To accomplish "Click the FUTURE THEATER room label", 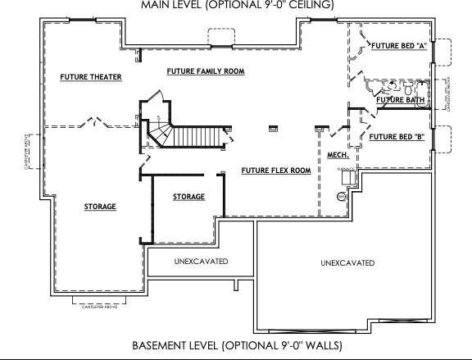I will (x=90, y=77).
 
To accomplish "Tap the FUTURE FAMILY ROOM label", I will (x=206, y=71).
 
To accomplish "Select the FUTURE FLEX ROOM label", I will (x=275, y=171).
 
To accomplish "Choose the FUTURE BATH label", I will (x=400, y=100).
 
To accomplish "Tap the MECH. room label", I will (x=338, y=155).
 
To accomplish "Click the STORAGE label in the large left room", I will (x=100, y=207).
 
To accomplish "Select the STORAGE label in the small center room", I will (x=188, y=197).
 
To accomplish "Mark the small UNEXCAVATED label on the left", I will (x=200, y=262).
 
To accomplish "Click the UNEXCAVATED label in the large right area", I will (x=347, y=263).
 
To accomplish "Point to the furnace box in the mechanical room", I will (x=347, y=177).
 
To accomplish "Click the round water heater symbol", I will (x=342, y=197).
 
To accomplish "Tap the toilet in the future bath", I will (x=391, y=85).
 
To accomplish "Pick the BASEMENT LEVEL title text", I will (x=237, y=345).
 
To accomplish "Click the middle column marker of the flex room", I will (x=274, y=127).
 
